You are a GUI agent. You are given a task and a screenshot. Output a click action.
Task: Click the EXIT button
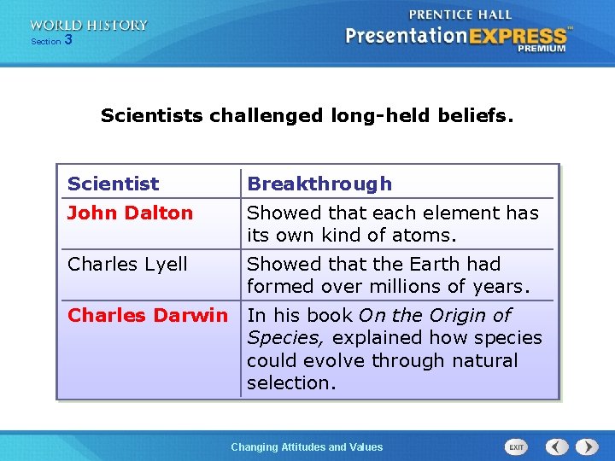tap(517, 446)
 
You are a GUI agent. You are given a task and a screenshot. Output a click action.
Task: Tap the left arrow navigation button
tap(557, 446)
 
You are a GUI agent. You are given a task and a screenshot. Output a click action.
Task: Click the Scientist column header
tap(113, 184)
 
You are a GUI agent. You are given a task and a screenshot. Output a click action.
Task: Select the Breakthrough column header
tap(319, 184)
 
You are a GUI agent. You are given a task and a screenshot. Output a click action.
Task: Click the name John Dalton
tap(130, 213)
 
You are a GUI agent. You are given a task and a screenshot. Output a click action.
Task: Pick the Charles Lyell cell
tap(127, 264)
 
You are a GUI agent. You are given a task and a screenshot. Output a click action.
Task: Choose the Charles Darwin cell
tap(148, 315)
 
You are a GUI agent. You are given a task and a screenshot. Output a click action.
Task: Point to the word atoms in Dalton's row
tap(427, 235)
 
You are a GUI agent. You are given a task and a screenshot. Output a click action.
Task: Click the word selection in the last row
tap(291, 382)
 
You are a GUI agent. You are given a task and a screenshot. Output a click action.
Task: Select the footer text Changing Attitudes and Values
tap(307, 446)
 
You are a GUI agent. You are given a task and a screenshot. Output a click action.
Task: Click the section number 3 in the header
tap(68, 40)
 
